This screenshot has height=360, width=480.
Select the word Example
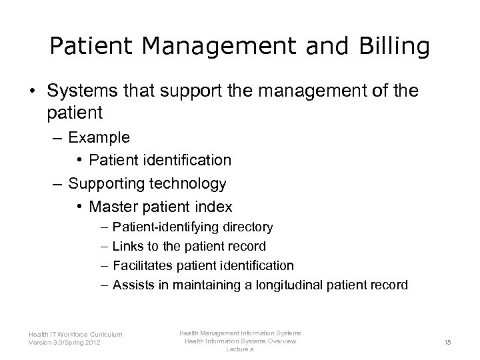click(99, 137)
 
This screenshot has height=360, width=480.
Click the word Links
click(128, 247)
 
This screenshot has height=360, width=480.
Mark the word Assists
click(132, 285)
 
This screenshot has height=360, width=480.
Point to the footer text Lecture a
click(240, 349)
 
